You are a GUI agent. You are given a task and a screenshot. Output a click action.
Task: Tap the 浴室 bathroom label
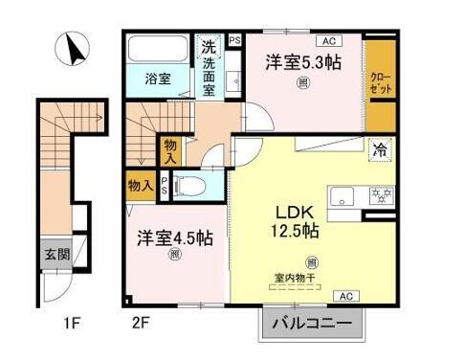pyautogui.click(x=158, y=79)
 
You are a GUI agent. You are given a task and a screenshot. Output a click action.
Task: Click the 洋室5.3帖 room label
pyautogui.click(x=304, y=63)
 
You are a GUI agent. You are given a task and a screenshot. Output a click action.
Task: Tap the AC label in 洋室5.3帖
pyautogui.click(x=327, y=40)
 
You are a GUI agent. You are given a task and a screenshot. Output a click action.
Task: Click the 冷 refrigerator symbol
pyautogui.click(x=380, y=148)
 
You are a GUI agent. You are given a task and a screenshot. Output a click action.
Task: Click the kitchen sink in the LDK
pyautogui.click(x=342, y=197)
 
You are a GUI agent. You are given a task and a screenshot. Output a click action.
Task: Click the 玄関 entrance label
pyautogui.click(x=55, y=255)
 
